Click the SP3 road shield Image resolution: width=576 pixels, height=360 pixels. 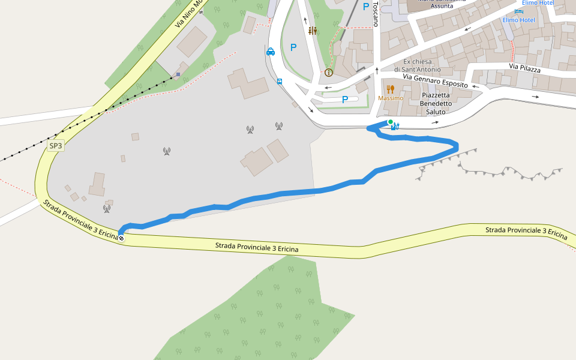tap(55, 146)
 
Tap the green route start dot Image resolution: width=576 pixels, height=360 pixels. tap(390, 122)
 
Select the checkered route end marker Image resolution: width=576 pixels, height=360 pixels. tap(121, 238)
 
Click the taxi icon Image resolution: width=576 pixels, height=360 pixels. tap(271, 52)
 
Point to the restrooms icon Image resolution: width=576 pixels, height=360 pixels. tap(312, 31)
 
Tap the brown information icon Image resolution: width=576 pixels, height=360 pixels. tap(328, 73)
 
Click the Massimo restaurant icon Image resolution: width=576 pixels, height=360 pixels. tap(391, 89)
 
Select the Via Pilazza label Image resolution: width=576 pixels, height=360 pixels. tap(525, 69)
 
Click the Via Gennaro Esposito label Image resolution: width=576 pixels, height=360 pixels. tap(435, 81)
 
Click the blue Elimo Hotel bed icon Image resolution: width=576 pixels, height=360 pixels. tap(518, 11)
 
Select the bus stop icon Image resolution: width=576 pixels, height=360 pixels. tap(280, 81)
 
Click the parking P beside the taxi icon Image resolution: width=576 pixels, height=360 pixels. tap(293, 47)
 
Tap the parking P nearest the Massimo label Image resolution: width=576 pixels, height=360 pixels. tap(345, 100)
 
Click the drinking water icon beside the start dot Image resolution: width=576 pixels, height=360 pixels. tap(395, 126)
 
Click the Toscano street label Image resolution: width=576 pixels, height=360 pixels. tap(376, 13)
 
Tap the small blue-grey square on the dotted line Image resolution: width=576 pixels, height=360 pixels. tap(178, 74)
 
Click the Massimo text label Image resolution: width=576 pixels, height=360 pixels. tap(391, 98)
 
